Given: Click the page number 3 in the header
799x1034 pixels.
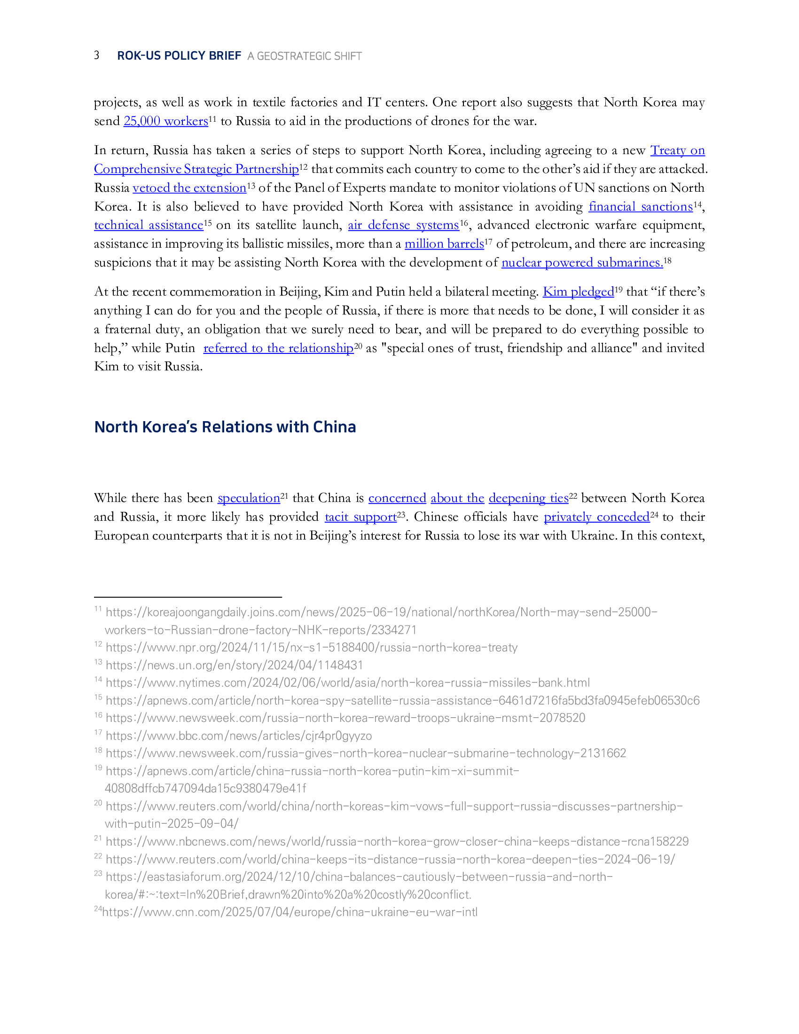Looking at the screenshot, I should coord(96,55).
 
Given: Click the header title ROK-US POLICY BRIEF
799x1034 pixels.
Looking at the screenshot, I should coord(179,56).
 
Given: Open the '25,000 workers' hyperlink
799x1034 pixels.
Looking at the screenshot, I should coord(165,121).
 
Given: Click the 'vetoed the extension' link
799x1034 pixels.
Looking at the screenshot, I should coord(189,188).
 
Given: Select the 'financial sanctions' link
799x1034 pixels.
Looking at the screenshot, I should coord(641,207).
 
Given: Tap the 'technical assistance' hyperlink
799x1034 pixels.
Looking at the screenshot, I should coord(149,225).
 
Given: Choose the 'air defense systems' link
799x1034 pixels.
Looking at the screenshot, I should coord(403,225).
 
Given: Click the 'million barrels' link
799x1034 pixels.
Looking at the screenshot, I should coord(444,244).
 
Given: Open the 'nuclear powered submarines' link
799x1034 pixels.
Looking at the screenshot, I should coord(582,263).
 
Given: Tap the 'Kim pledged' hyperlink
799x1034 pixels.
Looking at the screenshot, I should coord(578,292).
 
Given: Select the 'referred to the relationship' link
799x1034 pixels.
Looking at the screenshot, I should coord(278,348).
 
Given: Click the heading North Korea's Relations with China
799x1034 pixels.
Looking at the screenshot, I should coord(225,427).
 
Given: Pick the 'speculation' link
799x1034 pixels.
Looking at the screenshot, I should coord(249,499).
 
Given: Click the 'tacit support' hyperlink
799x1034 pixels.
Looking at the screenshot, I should coord(360,517).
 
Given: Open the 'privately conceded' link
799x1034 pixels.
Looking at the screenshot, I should coord(596,517).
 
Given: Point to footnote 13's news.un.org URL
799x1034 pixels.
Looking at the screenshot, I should coord(235,665).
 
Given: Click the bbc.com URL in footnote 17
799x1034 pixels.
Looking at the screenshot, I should coord(239,736).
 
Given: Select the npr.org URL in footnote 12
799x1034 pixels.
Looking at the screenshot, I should coord(312,648).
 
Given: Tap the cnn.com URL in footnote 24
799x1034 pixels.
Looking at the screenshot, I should coord(290,912).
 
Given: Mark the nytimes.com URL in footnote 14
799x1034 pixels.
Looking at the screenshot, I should coord(347,683).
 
